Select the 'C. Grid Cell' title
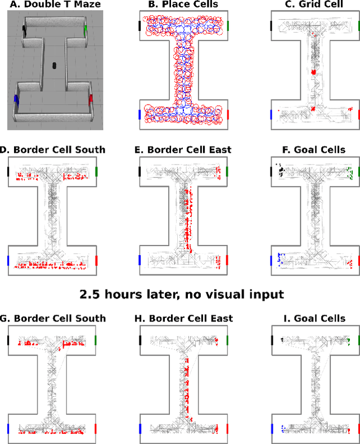(314, 5)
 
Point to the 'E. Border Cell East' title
(184, 150)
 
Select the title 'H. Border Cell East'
(184, 319)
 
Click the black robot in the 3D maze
(55, 65)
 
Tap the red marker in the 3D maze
(91, 99)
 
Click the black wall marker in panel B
(139, 26)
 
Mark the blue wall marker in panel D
(8, 260)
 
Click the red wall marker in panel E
(228, 260)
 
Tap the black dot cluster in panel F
(280, 169)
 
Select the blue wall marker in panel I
(271, 429)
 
